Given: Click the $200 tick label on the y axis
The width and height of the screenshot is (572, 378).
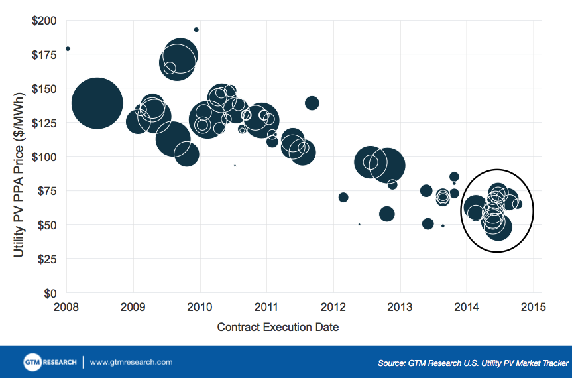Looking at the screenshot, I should coord(44,20).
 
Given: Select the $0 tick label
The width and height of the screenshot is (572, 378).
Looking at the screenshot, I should coord(50,293).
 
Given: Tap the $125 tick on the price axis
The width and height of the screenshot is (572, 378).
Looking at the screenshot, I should coord(44,123).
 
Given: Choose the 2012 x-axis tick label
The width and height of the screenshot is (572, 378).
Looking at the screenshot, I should coord(333,307).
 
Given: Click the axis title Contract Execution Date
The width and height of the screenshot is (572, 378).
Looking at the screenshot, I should coord(278,328).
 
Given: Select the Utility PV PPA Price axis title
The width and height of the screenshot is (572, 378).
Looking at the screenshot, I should coord(18,157).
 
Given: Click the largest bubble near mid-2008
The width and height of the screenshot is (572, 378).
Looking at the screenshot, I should coord(97,103).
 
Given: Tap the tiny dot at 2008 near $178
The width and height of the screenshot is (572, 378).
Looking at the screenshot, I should coord(68,49).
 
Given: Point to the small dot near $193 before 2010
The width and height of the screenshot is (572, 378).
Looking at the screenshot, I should coord(196,29).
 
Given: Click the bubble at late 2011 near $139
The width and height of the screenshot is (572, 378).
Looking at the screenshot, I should coord(312,103).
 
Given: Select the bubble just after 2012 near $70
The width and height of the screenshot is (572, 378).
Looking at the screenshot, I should coord(343,197).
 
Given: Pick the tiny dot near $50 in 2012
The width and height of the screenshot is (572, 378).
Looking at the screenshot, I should coord(359,224).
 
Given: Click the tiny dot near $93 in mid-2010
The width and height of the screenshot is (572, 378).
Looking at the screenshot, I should coord(235,165).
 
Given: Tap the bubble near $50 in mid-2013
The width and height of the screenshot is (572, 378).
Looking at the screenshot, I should coord(428,223).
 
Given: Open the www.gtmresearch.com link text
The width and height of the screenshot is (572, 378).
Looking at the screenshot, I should coord(131,363).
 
